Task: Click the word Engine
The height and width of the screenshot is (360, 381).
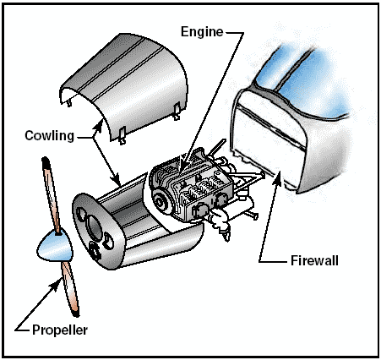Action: [202, 32]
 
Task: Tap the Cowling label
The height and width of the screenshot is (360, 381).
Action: [50, 135]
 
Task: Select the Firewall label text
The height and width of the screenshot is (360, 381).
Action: [314, 260]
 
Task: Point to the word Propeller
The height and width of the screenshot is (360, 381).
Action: [60, 330]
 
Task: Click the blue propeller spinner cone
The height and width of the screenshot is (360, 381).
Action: [55, 245]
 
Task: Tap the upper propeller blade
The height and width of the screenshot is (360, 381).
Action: [52, 195]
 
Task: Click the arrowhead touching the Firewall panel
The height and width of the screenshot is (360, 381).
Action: [278, 177]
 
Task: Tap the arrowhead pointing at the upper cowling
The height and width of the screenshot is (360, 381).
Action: [98, 126]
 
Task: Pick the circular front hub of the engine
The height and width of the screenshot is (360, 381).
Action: [160, 202]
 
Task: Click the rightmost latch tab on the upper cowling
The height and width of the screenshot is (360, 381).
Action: [177, 111]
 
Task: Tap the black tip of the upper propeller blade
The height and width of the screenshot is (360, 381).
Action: [46, 162]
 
